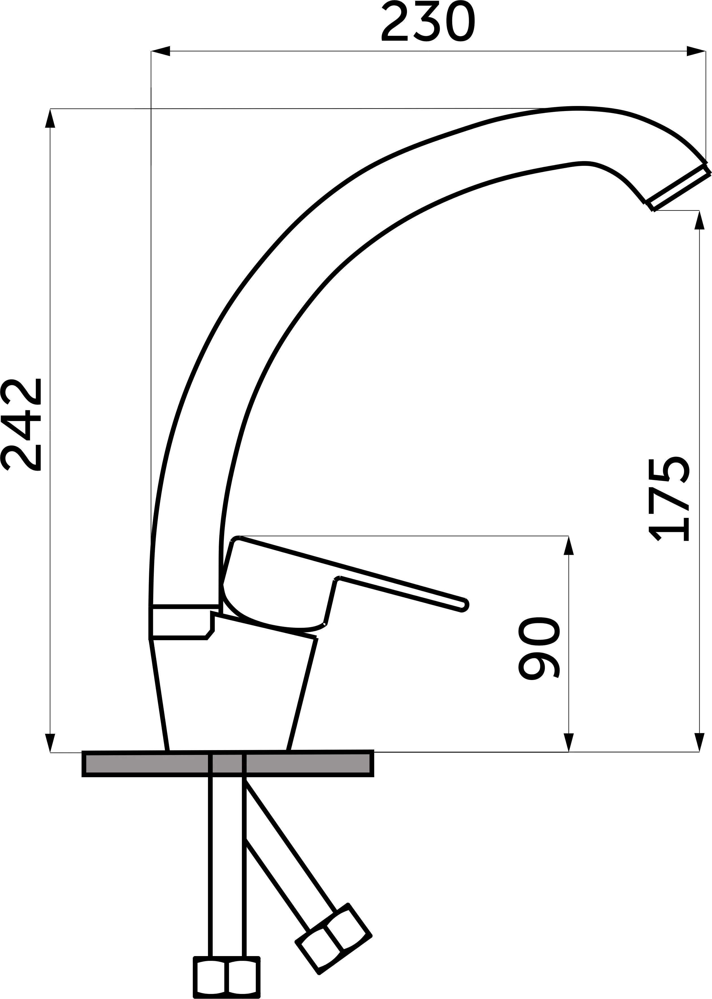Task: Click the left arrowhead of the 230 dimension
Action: [161, 51]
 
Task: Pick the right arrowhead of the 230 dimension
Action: [696, 51]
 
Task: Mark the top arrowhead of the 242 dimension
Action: [50, 118]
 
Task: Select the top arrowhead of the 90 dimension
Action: [569, 546]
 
